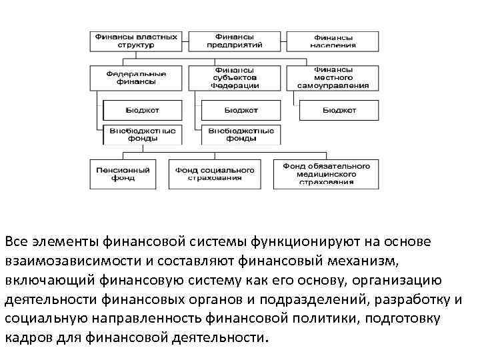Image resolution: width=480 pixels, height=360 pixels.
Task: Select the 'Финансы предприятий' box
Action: (x=234, y=41)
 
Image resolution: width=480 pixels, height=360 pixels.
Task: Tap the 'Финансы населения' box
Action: (x=333, y=41)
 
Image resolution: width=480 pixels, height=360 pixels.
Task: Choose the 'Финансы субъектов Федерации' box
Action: (x=234, y=77)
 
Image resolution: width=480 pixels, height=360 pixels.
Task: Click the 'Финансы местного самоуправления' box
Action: (x=333, y=77)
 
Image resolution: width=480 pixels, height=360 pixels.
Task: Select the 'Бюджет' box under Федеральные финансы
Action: (x=142, y=109)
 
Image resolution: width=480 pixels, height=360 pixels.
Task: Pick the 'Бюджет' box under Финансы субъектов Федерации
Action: (x=241, y=109)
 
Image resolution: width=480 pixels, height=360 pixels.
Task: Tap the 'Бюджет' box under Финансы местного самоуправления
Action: (x=339, y=109)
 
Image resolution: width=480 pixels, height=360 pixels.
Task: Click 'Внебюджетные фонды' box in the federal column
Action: (x=142, y=135)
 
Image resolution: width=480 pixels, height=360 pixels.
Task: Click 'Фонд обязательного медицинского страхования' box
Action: (x=326, y=174)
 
